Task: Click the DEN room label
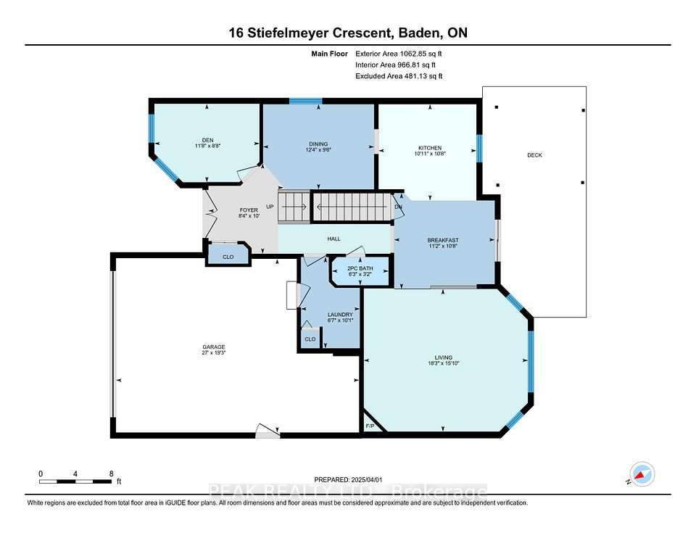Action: [208, 140]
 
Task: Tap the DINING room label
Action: [318, 144]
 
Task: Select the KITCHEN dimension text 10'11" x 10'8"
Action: [430, 154]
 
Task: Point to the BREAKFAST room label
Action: [442, 240]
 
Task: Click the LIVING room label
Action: [444, 357]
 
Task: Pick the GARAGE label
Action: [214, 347]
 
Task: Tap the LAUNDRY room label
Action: [340, 315]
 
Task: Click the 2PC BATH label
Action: [360, 268]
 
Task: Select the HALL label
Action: [333, 239]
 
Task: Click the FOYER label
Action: [249, 210]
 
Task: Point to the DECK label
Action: [534, 155]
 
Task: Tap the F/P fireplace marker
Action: [370, 426]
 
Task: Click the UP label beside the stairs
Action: [270, 207]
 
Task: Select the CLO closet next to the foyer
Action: [228, 257]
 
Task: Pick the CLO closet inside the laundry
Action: [310, 339]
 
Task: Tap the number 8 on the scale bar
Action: [112, 473]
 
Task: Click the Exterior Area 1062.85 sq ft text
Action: [399, 54]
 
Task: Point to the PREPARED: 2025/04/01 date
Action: [348, 480]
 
